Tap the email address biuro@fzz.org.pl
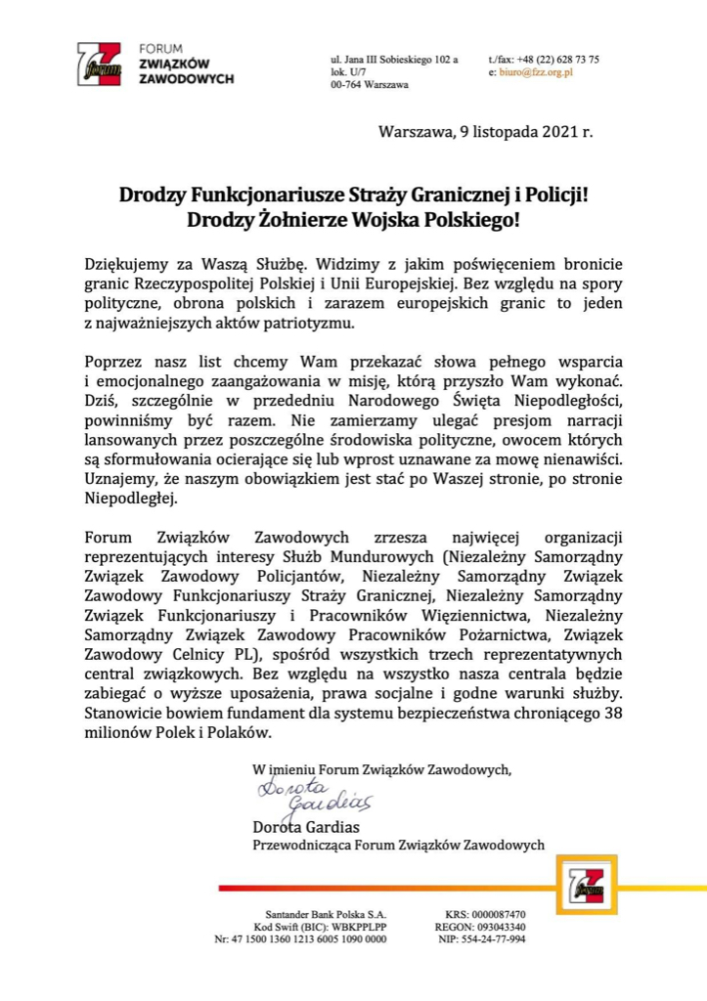click(536, 72)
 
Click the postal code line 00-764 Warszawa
click(370, 86)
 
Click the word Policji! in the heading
click(552, 194)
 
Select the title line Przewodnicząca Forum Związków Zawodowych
click(399, 845)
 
